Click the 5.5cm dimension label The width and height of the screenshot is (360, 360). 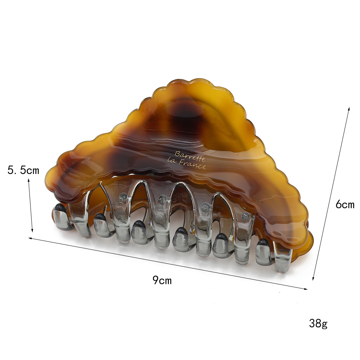click(x=23, y=170)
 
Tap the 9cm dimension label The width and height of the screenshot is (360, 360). click(x=162, y=280)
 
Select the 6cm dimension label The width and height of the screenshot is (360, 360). click(x=345, y=204)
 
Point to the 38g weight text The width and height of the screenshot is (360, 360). click(x=318, y=324)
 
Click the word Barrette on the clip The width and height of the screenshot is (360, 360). click(x=190, y=156)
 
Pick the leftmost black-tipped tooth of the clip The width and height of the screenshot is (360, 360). click(x=61, y=216)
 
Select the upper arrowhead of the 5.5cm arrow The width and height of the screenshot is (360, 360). click(x=29, y=180)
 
